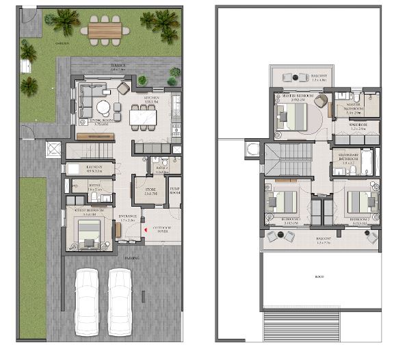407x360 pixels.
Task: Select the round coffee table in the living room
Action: [103, 107]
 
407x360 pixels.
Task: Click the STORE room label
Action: [150, 191]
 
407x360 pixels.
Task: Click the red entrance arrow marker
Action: [144, 231]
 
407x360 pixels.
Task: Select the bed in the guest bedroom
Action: [87, 238]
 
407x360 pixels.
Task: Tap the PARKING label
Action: [130, 258]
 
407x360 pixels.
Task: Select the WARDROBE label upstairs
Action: [359, 125]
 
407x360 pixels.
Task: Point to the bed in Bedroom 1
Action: [284, 201]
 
